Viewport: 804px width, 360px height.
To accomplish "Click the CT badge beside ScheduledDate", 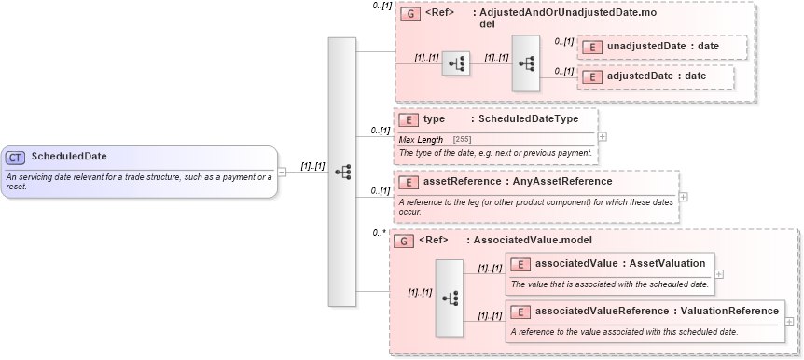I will click(16, 157).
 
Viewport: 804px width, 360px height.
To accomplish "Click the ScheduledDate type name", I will click(69, 157).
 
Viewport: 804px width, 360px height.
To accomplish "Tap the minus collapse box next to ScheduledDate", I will click(283, 172).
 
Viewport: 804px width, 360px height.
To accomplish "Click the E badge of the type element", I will click(408, 119).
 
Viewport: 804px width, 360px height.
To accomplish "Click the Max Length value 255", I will click(462, 139).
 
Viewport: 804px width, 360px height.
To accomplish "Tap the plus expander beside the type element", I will click(602, 136).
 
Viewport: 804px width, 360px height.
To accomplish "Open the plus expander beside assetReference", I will click(684, 197).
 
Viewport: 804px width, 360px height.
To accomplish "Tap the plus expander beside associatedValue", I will click(718, 273).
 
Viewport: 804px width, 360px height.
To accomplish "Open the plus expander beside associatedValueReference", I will click(790, 321).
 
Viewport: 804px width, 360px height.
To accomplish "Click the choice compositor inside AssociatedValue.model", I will click(450, 298).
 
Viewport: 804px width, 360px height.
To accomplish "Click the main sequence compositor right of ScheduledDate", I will click(342, 172).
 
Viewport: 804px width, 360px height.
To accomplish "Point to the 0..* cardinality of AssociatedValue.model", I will click(379, 233).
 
